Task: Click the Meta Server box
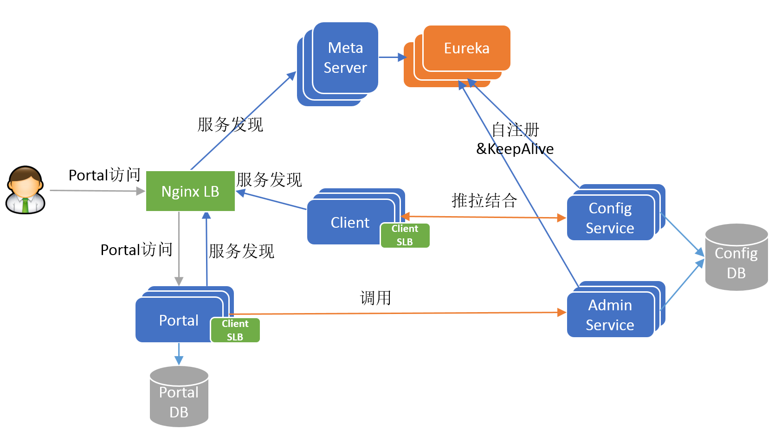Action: point(345,58)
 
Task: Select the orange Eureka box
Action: point(466,48)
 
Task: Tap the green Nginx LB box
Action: point(190,191)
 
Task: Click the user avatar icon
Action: point(26,190)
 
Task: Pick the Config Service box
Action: point(610,218)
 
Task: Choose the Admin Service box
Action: point(610,315)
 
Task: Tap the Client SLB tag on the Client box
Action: point(405,235)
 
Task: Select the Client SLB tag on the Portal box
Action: point(235,330)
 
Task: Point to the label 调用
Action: point(375,298)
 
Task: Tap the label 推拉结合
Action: point(484,200)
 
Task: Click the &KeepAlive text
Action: point(515,149)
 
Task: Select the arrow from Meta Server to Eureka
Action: point(392,58)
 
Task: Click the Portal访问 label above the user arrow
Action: point(104,175)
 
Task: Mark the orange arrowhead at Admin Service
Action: point(562,313)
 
